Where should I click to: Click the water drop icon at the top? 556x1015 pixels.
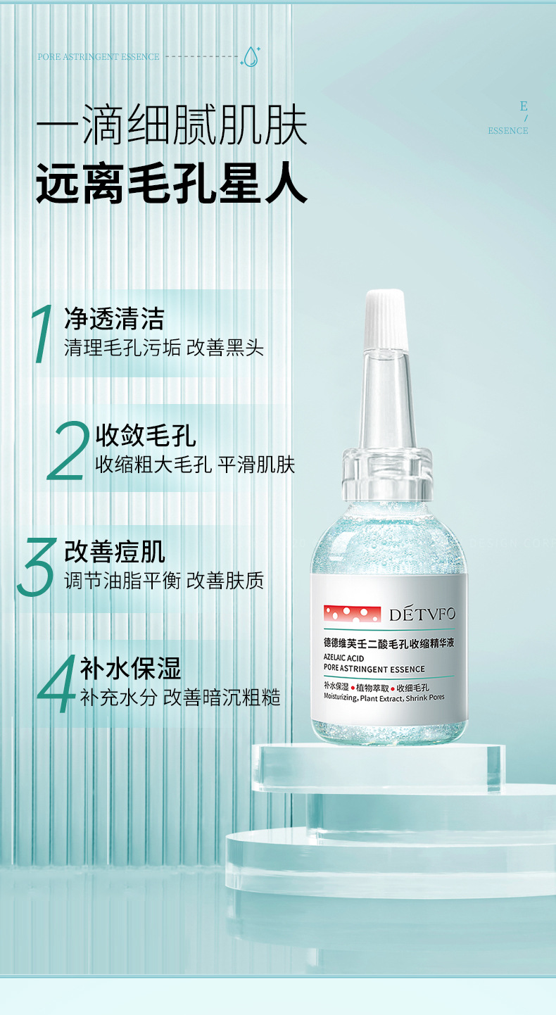[x=251, y=56]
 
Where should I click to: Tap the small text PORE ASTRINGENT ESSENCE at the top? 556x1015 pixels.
[x=99, y=56]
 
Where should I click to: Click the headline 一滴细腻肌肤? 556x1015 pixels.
[x=172, y=125]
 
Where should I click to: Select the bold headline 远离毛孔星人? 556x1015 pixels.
[x=172, y=184]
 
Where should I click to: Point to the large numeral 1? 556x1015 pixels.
[x=43, y=334]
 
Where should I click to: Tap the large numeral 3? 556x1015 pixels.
[x=37, y=567]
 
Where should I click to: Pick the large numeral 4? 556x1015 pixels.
[x=56, y=683]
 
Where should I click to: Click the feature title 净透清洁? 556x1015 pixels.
[x=114, y=319]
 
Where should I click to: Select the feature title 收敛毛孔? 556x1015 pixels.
[x=146, y=436]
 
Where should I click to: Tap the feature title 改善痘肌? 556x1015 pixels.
[x=114, y=551]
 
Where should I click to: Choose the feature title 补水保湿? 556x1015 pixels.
[x=130, y=669]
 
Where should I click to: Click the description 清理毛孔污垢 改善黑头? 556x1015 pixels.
[x=163, y=348]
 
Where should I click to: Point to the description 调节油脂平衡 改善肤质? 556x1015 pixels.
[x=163, y=581]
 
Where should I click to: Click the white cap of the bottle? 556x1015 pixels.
[x=386, y=320]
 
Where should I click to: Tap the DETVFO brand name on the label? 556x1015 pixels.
[x=422, y=614]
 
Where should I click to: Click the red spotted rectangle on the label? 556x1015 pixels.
[x=352, y=614]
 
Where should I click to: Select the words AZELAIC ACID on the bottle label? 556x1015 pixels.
[x=343, y=657]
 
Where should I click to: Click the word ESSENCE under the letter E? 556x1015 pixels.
[x=508, y=131]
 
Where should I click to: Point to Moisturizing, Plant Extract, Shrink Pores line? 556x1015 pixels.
[x=384, y=698]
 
